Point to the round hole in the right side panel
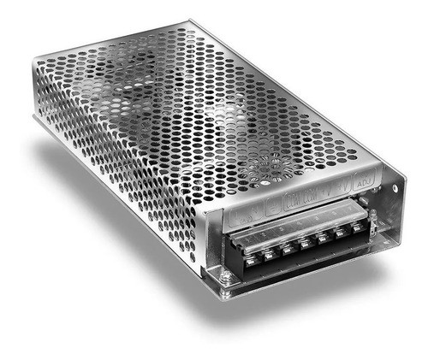(395, 188)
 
